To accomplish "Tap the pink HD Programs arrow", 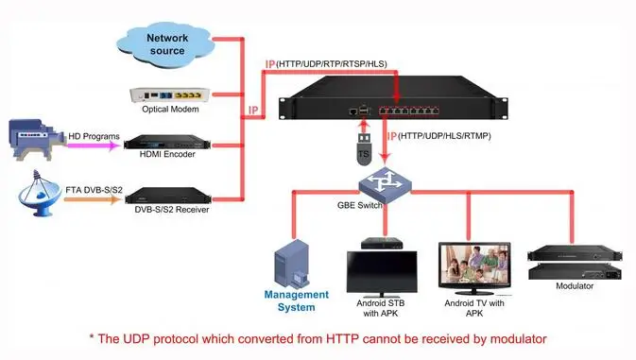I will (95, 146).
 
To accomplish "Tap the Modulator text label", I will (574, 285).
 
